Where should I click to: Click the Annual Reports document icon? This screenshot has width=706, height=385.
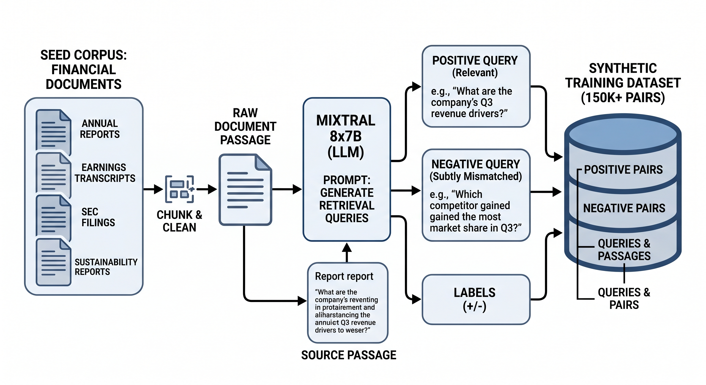(x=53, y=130)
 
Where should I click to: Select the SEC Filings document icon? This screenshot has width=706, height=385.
(x=53, y=217)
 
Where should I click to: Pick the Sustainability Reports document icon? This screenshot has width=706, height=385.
(x=53, y=262)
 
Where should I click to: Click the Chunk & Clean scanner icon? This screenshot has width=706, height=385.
(x=179, y=189)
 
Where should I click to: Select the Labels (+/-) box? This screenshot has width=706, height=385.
(x=476, y=299)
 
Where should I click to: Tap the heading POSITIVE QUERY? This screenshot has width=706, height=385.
(x=475, y=61)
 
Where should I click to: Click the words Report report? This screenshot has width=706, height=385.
(x=344, y=276)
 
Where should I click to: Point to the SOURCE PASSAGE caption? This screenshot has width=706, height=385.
(x=349, y=355)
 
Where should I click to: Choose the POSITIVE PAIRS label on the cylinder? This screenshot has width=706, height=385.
(x=623, y=170)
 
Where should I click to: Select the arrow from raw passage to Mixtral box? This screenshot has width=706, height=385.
(x=286, y=189)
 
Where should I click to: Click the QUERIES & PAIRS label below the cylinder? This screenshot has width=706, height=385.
(x=624, y=299)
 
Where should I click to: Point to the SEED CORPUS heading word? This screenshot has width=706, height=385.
(x=83, y=55)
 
